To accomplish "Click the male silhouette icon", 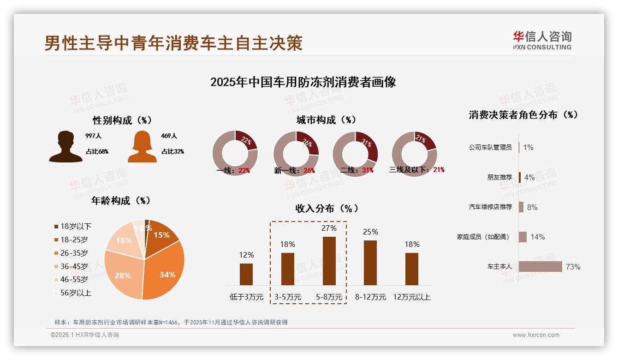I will coord(65,147).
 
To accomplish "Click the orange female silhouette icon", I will coord(142,147).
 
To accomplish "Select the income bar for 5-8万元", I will coord(329,261).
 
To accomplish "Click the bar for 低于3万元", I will coord(246,274).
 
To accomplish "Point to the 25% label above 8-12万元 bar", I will coord(370,232).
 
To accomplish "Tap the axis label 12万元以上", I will coord(412,297).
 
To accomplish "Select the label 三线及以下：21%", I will coord(416,170).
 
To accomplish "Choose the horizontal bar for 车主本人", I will coord(541,267).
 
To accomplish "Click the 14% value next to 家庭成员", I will coord(537,237).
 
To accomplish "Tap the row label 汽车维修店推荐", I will coord(490,207).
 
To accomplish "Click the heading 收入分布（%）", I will coord(327,208).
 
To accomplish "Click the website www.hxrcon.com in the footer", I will coord(536,335).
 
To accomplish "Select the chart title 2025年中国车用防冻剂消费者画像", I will coord(303,82).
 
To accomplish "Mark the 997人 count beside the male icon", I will coord(93,136).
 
